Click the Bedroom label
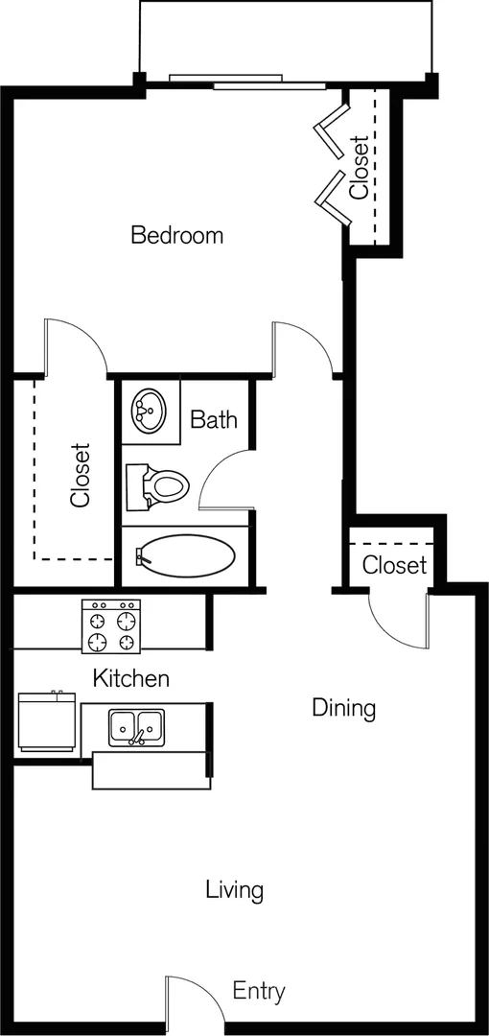[x=177, y=235]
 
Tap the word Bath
[x=214, y=419]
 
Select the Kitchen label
[x=130, y=678]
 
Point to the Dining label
[x=343, y=708]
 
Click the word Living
[x=235, y=890]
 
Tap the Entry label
[x=259, y=991]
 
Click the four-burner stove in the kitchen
[x=111, y=625]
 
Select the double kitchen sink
[x=137, y=727]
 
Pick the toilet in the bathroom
[x=157, y=486]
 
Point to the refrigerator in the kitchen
[x=46, y=721]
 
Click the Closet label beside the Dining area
[x=394, y=565]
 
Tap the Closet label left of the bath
[x=80, y=475]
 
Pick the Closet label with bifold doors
[x=359, y=167]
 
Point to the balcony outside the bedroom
[x=286, y=38]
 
